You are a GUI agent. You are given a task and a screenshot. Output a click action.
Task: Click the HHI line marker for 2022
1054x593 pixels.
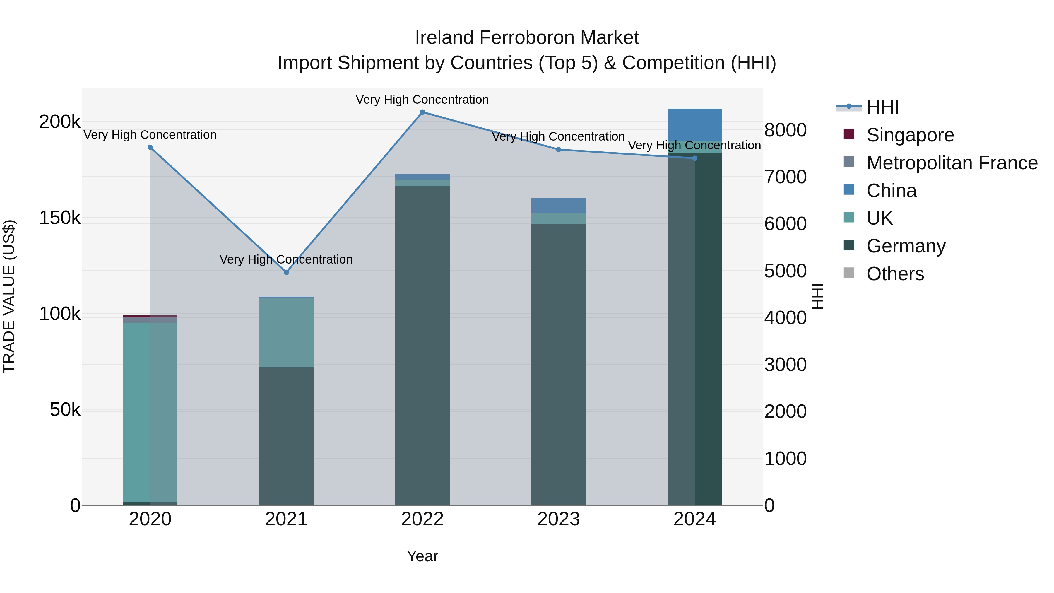[x=422, y=112]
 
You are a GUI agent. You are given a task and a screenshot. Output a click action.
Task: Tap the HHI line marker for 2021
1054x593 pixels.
[x=286, y=272]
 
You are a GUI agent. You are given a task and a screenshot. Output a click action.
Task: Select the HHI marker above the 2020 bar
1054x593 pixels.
[x=150, y=147]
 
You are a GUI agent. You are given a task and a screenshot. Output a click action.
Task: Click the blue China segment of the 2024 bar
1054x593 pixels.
[x=694, y=125]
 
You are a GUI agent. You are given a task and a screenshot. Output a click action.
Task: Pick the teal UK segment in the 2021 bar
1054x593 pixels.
[x=286, y=332]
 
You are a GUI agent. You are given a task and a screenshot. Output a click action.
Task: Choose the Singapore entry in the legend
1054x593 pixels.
[x=910, y=135]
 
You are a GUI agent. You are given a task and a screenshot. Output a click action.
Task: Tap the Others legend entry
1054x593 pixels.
[x=895, y=274]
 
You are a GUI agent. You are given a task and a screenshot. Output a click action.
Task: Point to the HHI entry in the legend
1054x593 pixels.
[x=882, y=107]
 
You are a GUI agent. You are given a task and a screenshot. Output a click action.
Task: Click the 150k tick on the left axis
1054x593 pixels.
[x=60, y=218]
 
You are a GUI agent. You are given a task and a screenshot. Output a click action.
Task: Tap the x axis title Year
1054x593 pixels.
[x=422, y=556]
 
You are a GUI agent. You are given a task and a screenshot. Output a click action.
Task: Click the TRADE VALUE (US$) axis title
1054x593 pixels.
[x=9, y=296]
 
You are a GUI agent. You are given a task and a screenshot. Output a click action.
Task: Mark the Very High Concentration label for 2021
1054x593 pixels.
[x=286, y=259]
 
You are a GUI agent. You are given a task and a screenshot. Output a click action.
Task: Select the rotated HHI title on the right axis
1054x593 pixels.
[x=817, y=296]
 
